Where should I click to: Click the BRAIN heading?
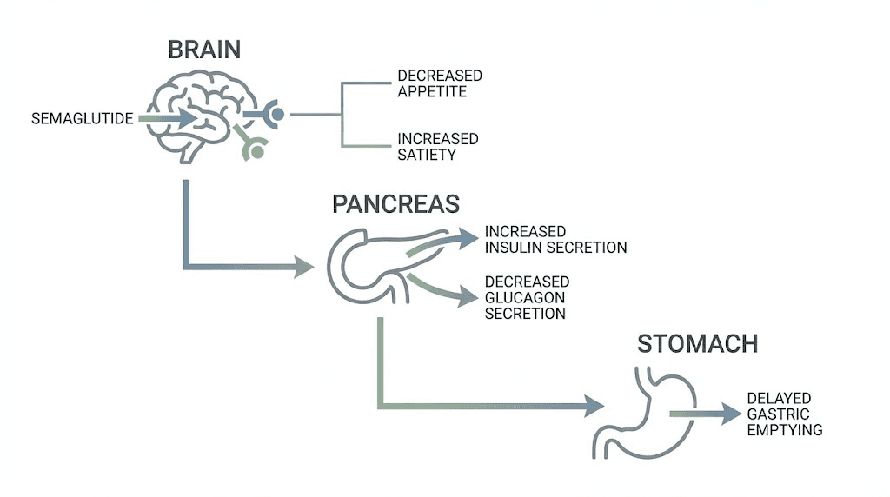[203, 50]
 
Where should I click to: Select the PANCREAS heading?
[395, 204]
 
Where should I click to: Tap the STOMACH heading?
[697, 343]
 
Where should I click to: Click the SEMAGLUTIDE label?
[82, 118]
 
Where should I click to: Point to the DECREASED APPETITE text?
[439, 83]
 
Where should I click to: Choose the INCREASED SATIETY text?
[437, 147]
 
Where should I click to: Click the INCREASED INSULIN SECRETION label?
[555, 240]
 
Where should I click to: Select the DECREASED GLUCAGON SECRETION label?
[527, 297]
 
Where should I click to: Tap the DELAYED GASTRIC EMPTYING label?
[784, 414]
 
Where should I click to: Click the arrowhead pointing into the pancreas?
[303, 267]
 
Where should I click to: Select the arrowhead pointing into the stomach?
[594, 405]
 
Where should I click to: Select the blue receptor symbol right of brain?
[274, 114]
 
